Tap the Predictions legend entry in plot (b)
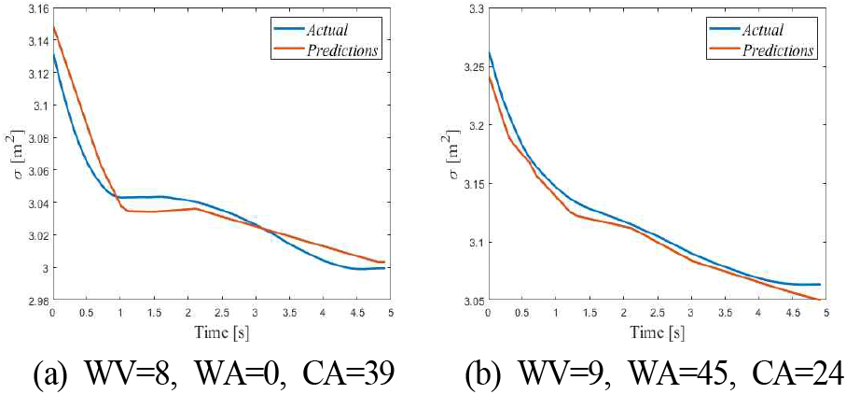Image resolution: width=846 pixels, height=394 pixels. click(x=781, y=50)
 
